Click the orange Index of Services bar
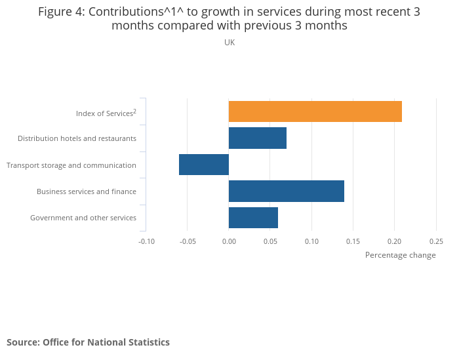point(315,111)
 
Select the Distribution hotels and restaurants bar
point(257,138)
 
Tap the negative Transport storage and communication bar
point(204,165)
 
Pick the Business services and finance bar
point(286,191)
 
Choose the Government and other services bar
point(253,218)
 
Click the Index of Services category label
point(106,113)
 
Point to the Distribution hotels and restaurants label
point(77,138)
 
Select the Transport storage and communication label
point(71,165)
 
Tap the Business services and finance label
point(87,191)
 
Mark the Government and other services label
point(83,218)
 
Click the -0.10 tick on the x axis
point(146,241)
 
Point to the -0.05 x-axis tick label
point(188,241)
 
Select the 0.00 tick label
point(229,241)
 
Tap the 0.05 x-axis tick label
point(270,241)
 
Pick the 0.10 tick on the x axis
point(311,241)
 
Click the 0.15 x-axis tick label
point(353,241)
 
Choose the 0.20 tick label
point(394,241)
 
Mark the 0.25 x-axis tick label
point(435,241)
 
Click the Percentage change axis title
point(400,255)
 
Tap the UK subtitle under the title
point(229,43)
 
